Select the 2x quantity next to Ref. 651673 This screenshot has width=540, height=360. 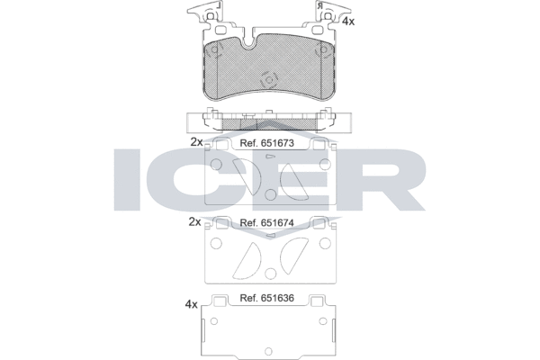(x=195, y=142)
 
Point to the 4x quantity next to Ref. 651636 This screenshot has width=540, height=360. (x=190, y=304)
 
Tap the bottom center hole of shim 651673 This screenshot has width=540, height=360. (x=270, y=193)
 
